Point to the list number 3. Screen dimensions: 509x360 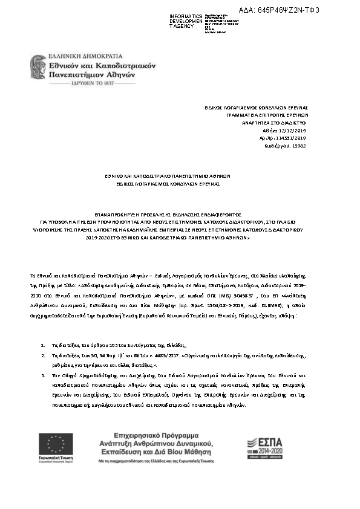pyautogui.click(x=43, y=375)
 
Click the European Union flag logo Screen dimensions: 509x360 pyautogui.click(x=57, y=444)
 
